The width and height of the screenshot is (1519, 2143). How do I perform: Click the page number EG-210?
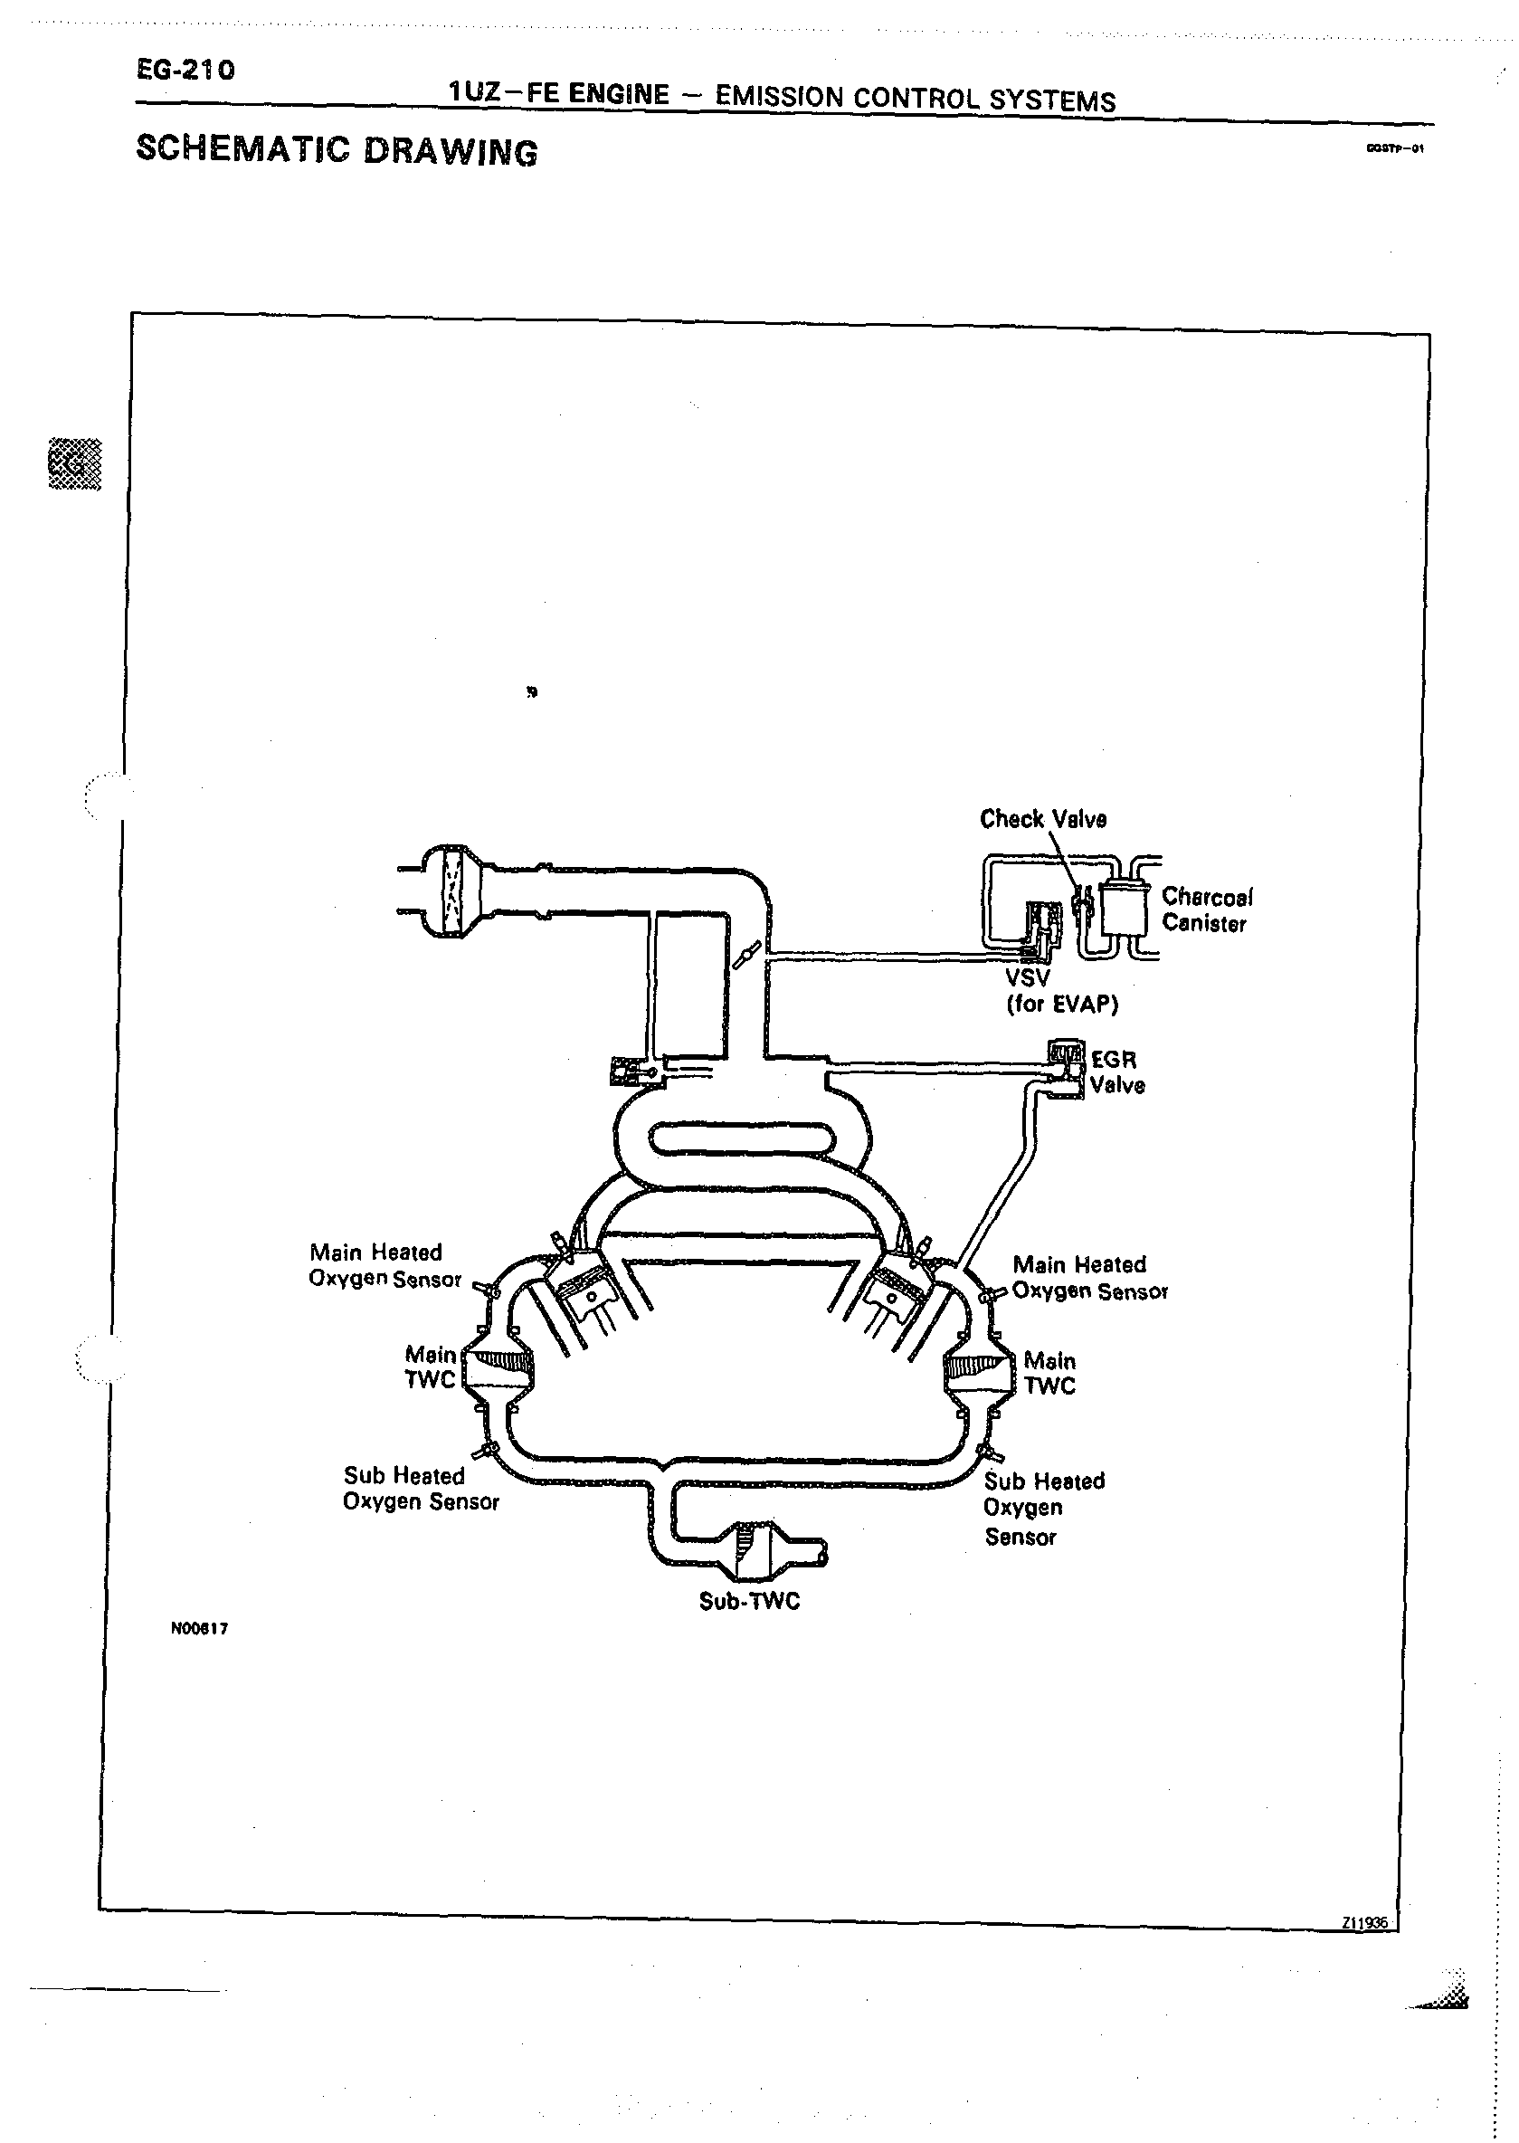pyautogui.click(x=185, y=69)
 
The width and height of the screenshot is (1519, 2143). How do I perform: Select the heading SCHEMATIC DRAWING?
pyautogui.click(x=337, y=150)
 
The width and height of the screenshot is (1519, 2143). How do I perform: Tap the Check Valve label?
pyautogui.click(x=1043, y=819)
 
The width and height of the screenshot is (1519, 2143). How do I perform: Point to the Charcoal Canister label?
pyautogui.click(x=1207, y=910)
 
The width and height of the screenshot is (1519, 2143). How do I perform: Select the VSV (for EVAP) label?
pyautogui.click(x=1060, y=992)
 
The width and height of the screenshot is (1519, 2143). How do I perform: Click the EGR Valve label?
pyautogui.click(x=1116, y=1072)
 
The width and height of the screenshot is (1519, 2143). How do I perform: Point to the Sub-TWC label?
pyautogui.click(x=749, y=1602)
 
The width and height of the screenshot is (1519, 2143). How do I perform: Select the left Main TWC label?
pyautogui.click(x=431, y=1367)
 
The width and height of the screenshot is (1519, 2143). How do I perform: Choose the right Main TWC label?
pyautogui.click(x=1049, y=1373)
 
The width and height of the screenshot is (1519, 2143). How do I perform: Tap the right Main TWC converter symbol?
pyautogui.click(x=978, y=1370)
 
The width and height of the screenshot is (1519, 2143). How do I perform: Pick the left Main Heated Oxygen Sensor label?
pyautogui.click(x=384, y=1265)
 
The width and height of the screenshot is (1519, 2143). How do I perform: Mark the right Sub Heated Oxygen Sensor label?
pyautogui.click(x=1043, y=1508)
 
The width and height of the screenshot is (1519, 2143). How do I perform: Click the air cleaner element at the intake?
pyautogui.click(x=453, y=891)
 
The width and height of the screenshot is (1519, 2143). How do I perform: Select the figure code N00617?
pyautogui.click(x=199, y=1629)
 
